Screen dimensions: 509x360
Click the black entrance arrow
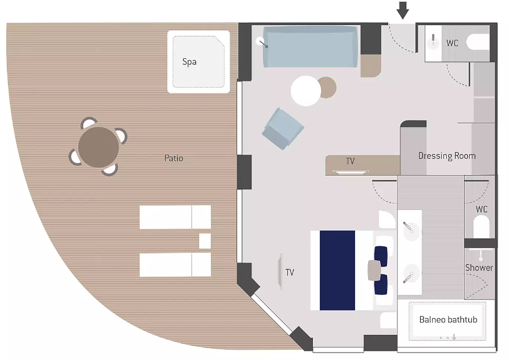pos(402,10)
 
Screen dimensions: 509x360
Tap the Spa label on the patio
pos(189,62)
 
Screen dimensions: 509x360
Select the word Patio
pos(174,158)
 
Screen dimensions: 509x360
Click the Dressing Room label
pos(447,156)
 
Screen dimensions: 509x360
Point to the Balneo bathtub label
pos(448,319)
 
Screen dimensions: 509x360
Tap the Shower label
pos(479,268)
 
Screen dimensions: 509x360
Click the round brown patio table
pos(99,147)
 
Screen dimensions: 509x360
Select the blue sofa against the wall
pos(310,47)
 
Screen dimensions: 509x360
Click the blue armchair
pos(283,129)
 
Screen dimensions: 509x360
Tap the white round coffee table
pos(306,91)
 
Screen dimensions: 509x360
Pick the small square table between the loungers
pos(205,241)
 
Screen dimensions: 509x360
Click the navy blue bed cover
pos(337,270)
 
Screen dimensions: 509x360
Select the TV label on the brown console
pos(351,161)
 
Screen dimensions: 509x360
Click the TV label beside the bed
pos(290,272)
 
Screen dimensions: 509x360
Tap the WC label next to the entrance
pos(452,43)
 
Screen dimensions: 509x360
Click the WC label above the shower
pos(482,209)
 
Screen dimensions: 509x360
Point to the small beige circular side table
pos(327,87)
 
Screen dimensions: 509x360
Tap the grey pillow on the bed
pos(374,270)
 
